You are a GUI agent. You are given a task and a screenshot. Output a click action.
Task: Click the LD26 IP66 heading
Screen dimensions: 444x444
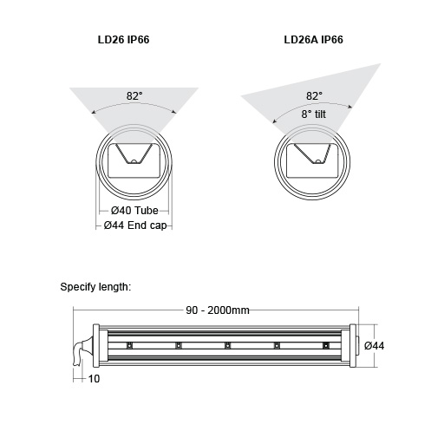click(132, 40)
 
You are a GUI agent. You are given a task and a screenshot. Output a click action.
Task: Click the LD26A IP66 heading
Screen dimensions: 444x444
click(313, 40)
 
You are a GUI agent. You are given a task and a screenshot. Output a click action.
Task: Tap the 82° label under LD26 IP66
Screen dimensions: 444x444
click(133, 96)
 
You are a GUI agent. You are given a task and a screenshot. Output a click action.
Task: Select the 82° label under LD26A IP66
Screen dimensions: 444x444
click(315, 95)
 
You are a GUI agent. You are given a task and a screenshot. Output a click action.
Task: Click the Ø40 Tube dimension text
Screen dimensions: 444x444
click(134, 212)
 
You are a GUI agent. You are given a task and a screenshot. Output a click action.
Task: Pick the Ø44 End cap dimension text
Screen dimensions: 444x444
click(135, 225)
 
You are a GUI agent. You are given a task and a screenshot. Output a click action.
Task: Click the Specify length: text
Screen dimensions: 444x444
click(95, 286)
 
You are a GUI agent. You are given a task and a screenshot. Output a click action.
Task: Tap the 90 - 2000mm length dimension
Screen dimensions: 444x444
click(218, 311)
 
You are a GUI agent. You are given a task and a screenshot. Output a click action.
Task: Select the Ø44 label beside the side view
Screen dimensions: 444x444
click(375, 346)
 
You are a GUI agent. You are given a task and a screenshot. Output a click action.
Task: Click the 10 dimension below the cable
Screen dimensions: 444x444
click(94, 378)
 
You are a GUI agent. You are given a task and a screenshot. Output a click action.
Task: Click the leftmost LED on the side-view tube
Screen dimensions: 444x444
click(129, 346)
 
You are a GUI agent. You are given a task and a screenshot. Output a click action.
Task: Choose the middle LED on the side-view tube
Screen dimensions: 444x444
click(227, 346)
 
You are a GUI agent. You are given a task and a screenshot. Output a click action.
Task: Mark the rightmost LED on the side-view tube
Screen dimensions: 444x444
click(326, 346)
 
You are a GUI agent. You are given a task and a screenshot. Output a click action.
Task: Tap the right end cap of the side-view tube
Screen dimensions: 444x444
click(352, 346)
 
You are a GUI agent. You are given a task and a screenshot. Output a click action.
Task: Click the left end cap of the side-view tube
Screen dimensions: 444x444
click(95, 346)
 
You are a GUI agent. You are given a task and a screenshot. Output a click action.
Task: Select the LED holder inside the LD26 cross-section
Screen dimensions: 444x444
click(133, 158)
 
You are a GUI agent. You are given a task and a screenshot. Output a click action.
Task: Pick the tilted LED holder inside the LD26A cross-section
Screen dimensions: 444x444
click(311, 158)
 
